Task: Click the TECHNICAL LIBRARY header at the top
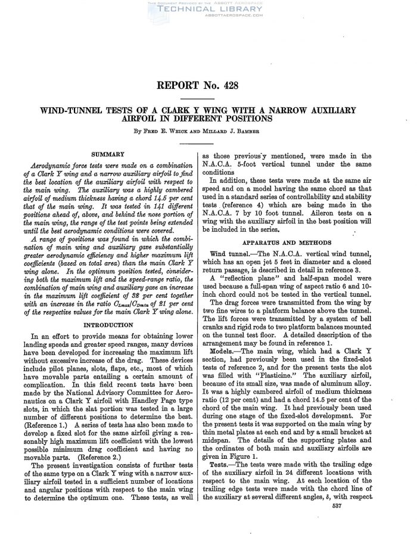click(x=208, y=10)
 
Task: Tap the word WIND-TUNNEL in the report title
click(x=86, y=110)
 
